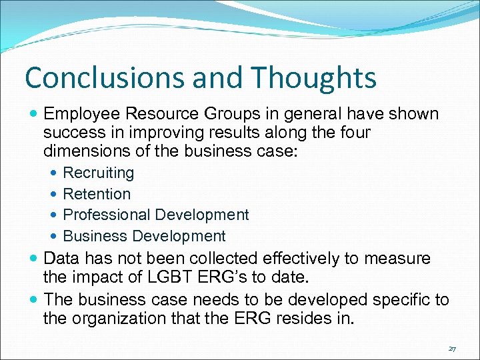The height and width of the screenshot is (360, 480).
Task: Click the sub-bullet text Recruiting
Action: pyautogui.click(x=98, y=173)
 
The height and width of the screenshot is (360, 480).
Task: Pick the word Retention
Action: pyautogui.click(x=97, y=194)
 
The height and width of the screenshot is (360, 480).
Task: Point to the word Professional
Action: pyautogui.click(x=106, y=215)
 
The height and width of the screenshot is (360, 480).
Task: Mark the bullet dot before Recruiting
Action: pyautogui.click(x=54, y=173)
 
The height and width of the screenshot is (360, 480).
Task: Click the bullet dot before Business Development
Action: pyautogui.click(x=54, y=236)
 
